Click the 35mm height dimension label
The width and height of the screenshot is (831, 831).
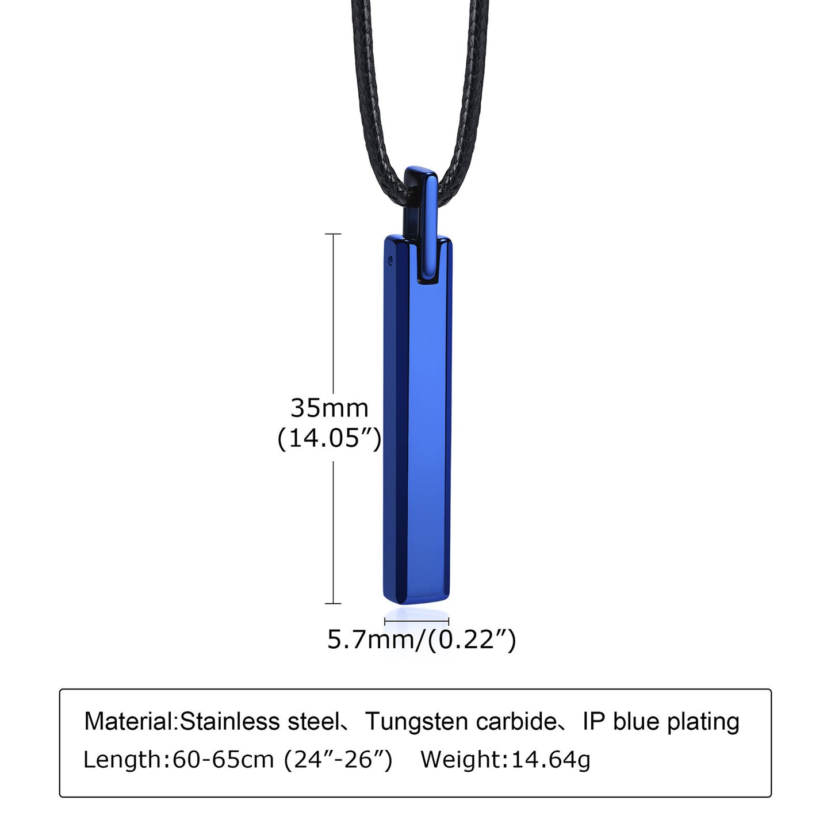click(x=329, y=408)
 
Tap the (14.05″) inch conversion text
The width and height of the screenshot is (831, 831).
click(x=329, y=439)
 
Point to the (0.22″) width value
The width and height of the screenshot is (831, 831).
click(x=472, y=639)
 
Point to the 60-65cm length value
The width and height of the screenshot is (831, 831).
click(x=223, y=760)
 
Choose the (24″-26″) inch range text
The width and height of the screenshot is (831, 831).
click(x=338, y=760)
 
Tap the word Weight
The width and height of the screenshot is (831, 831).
click(x=462, y=760)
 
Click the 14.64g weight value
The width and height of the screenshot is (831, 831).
click(x=550, y=760)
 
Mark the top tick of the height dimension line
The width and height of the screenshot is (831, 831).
click(x=333, y=234)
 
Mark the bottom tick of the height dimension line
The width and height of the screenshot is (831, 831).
click(x=333, y=603)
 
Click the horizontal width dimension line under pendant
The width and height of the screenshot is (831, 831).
click(x=416, y=621)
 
